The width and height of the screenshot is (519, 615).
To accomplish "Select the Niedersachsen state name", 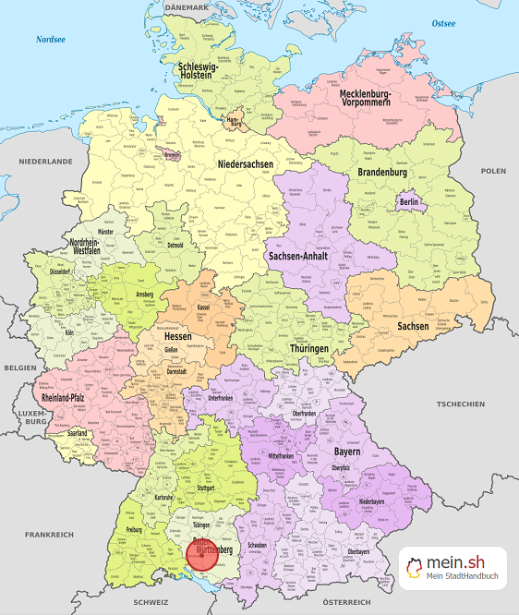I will (x=247, y=164).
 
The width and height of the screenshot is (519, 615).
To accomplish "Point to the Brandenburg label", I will (x=382, y=173).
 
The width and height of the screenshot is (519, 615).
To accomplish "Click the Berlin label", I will (x=409, y=202).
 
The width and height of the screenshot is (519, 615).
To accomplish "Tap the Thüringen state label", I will (x=308, y=348).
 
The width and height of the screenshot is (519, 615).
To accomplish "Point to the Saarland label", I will (x=78, y=432).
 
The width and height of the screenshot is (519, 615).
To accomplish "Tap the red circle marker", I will (x=204, y=555).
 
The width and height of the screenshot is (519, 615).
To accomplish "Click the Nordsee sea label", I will (x=50, y=40).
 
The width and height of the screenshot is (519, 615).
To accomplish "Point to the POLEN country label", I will (x=493, y=171).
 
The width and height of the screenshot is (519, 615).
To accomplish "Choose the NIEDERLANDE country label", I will (x=45, y=161).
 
